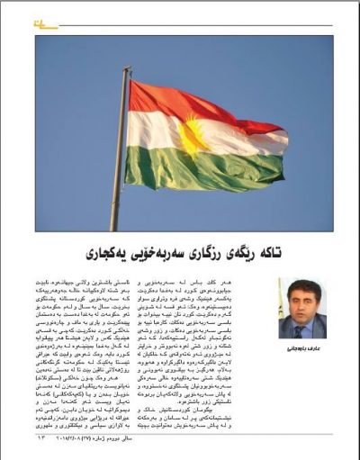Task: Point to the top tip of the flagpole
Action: (126, 69)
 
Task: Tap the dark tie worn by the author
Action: (300, 328)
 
